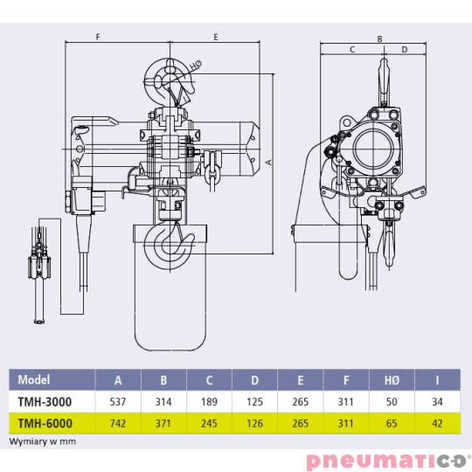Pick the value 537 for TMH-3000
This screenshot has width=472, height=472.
(x=118, y=401)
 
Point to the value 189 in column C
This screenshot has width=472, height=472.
(x=209, y=401)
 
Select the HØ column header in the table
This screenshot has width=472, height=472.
(x=391, y=380)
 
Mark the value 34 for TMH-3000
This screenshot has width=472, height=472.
(x=436, y=401)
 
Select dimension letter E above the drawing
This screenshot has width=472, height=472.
(x=215, y=38)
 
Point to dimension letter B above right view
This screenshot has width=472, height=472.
(x=379, y=38)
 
